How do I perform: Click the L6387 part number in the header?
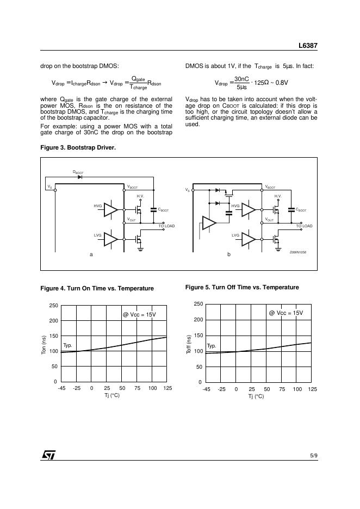point(307,47)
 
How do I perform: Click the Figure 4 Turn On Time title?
point(97,288)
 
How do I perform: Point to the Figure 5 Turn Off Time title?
point(242,287)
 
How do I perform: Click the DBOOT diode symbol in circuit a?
point(79,177)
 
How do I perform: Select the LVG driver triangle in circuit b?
point(249,238)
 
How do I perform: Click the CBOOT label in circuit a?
point(164,210)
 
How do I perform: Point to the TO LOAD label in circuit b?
point(305,226)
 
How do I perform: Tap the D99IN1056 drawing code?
point(298,252)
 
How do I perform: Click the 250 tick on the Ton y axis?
point(53,306)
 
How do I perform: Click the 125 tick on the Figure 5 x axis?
point(312,389)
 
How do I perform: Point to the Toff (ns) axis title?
point(189,345)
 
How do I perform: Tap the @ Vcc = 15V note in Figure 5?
point(286,313)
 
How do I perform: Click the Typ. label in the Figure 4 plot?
point(67,345)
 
